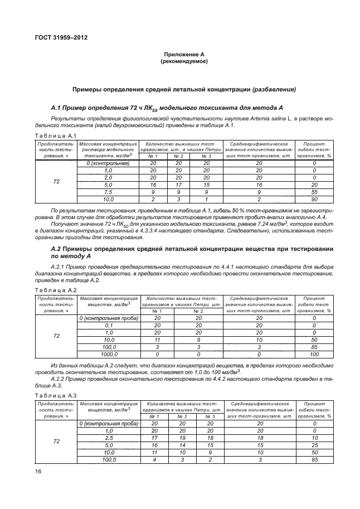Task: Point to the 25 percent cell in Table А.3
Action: click(x=314, y=445)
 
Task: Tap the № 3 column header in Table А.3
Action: click(x=210, y=416)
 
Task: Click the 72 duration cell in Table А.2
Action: click(x=56, y=336)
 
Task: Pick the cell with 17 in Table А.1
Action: click(x=179, y=185)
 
